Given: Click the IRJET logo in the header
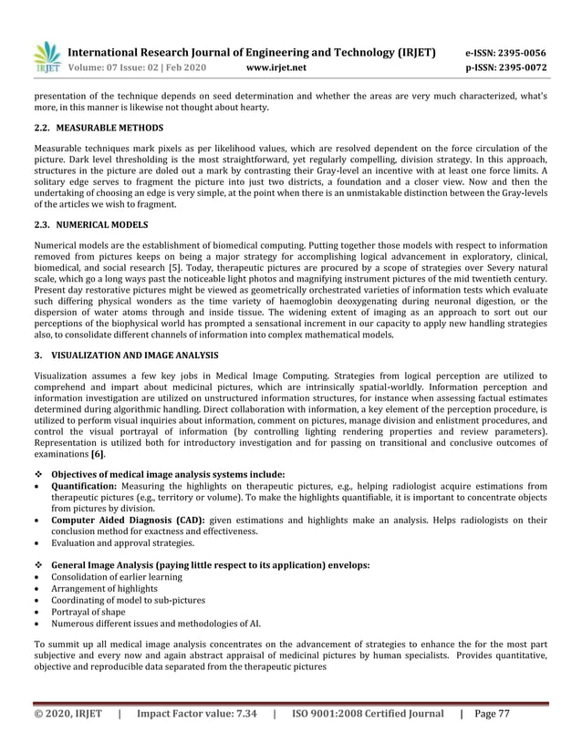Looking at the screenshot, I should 46,58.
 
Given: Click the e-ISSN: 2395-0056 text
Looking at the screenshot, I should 506,52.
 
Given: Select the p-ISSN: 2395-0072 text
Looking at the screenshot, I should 506,67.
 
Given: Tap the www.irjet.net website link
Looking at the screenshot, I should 277,67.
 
